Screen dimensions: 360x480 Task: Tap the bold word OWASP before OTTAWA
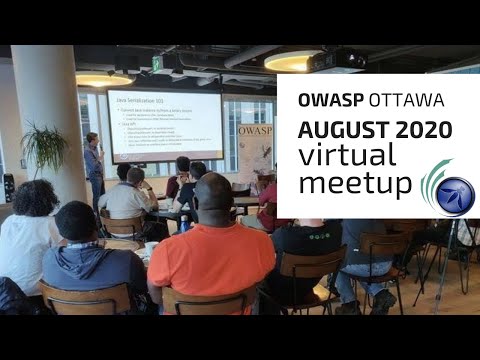[x=320, y=102]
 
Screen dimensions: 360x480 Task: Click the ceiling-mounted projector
[x=336, y=61]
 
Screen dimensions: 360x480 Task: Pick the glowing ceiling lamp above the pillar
[x=102, y=79]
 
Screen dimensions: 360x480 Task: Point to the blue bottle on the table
[x=184, y=222]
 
